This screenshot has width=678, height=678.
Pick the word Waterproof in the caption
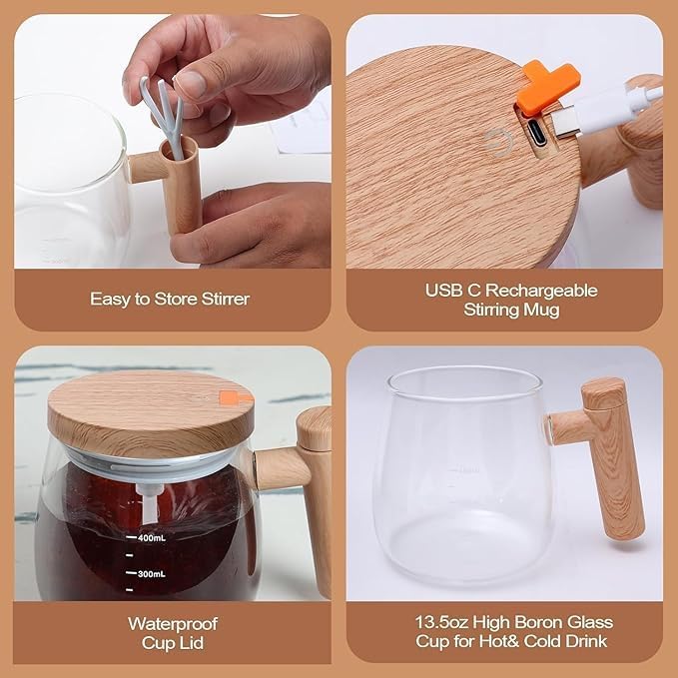click(x=172, y=623)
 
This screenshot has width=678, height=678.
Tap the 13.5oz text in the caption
click(x=437, y=623)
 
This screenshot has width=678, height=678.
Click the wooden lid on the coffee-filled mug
click(x=150, y=410)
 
